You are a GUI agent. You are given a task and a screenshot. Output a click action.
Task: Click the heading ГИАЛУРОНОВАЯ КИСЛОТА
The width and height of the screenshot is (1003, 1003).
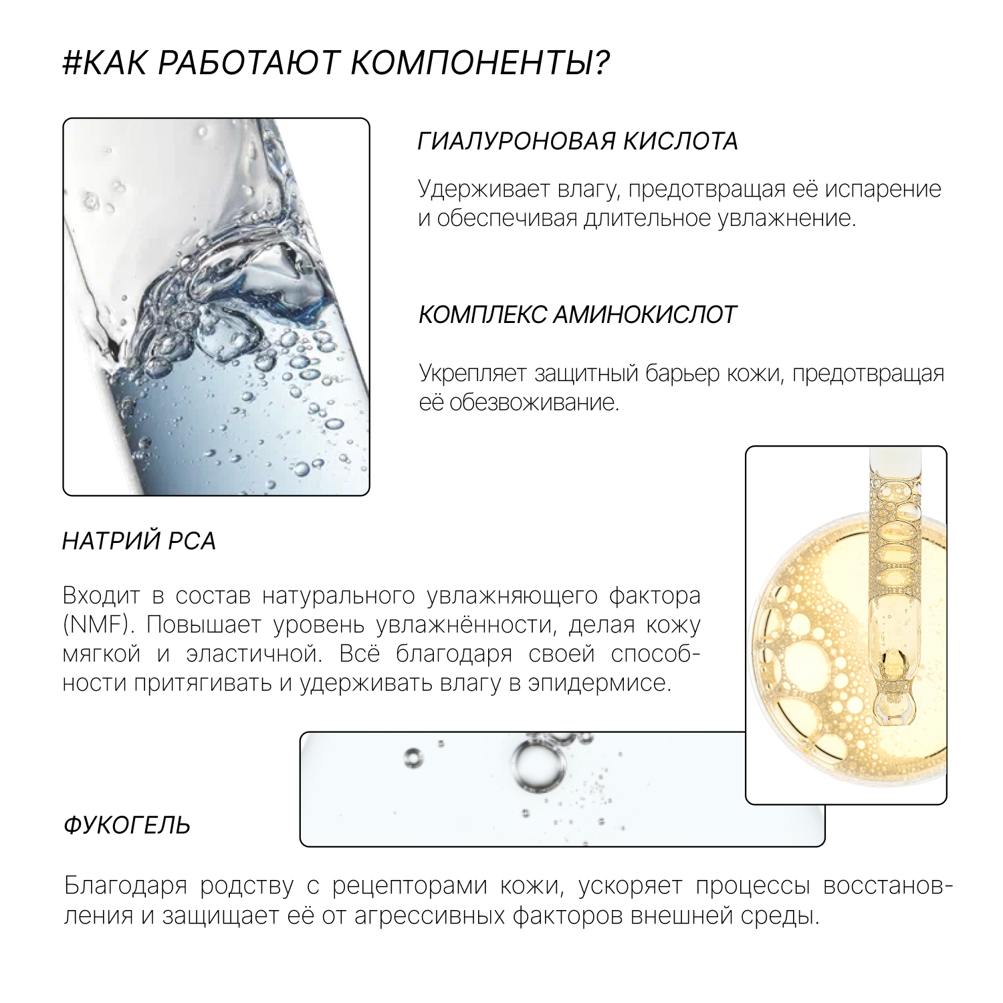578,142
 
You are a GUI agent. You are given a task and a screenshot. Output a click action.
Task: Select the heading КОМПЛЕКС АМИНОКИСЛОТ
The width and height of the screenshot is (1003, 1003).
577,314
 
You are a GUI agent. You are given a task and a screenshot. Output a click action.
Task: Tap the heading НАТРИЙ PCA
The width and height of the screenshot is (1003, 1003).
139,541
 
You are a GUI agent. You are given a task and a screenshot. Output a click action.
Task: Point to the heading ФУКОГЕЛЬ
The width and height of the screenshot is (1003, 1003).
127,826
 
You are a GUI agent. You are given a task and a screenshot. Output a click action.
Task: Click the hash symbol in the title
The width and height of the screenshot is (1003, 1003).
72,64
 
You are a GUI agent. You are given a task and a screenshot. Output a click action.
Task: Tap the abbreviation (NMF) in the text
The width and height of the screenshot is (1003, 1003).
96,625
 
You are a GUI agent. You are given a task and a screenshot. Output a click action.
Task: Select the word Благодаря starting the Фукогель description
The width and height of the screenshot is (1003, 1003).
126,885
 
